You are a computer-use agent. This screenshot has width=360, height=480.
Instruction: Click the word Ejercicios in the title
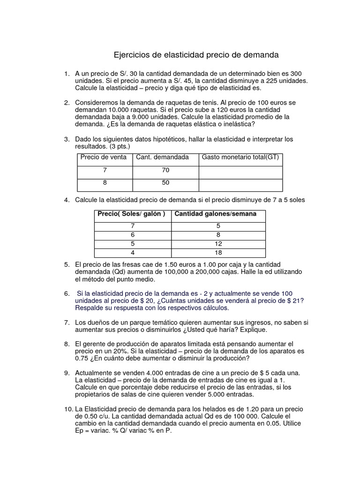point(132,55)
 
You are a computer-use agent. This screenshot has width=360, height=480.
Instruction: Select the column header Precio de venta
point(104,157)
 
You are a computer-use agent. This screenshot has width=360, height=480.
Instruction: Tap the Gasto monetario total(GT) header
point(240,157)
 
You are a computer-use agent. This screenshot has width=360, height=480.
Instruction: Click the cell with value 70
point(165,170)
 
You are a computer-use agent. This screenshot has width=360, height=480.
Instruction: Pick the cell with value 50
point(165,183)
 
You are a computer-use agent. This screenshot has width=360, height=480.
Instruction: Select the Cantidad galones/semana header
point(216,214)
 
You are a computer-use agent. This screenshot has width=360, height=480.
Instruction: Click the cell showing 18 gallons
point(217,253)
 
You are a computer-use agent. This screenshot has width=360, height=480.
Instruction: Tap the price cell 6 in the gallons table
point(133,235)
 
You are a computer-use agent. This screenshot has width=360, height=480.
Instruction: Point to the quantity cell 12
point(217,244)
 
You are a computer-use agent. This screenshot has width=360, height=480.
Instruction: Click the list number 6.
point(67,293)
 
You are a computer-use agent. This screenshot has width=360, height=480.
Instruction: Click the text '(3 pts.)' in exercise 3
point(119,146)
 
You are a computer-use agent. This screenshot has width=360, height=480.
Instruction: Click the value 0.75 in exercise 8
point(82,359)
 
